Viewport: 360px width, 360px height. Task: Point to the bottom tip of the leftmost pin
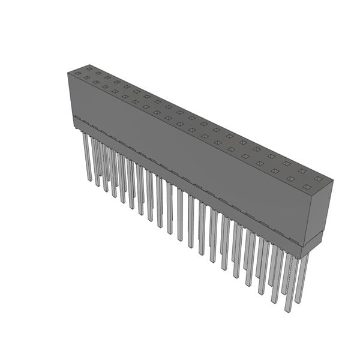tap(89, 179)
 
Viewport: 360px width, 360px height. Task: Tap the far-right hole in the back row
tap(317, 178)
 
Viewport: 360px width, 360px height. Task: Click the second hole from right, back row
tap(302, 170)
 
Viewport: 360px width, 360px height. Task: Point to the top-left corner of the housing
tap(68, 73)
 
